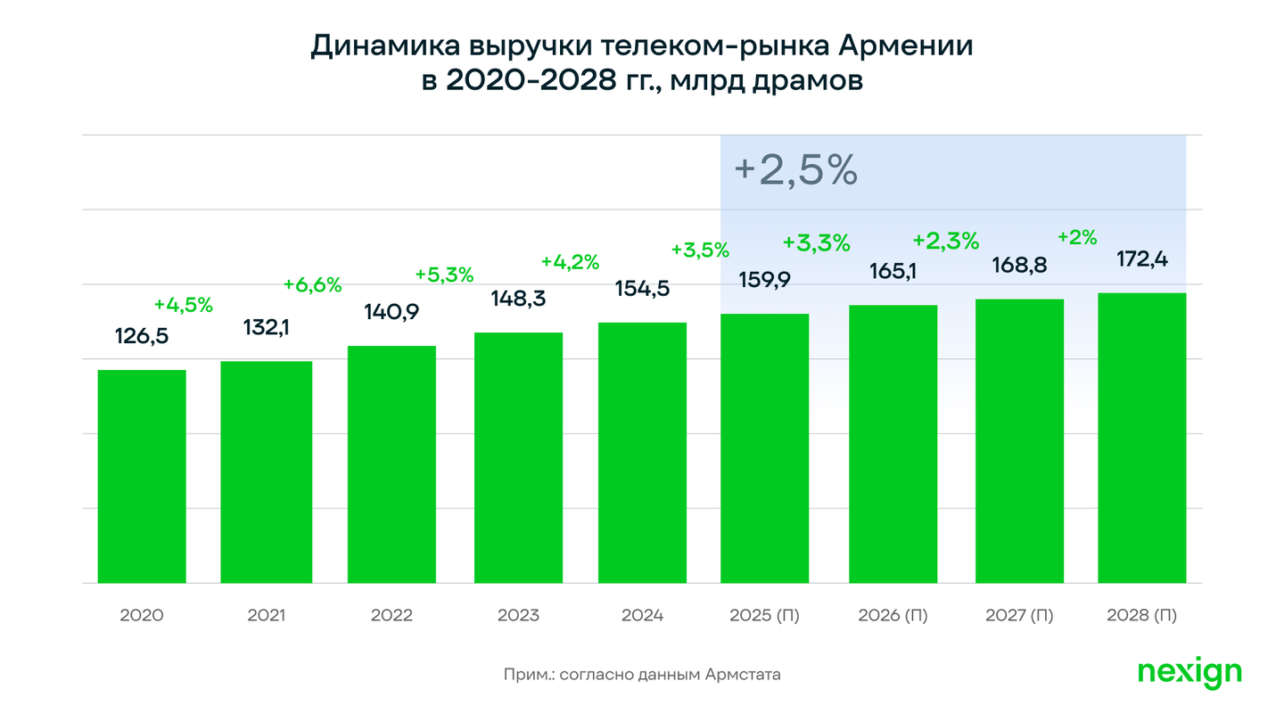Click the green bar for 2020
[142, 476]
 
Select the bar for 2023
[518, 458]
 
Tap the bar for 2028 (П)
[1142, 438]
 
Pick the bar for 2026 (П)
[893, 444]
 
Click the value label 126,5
[142, 336]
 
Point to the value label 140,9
[391, 312]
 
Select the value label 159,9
[765, 280]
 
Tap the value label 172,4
[1142, 259]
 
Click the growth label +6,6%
[312, 285]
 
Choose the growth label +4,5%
[184, 305]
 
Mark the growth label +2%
[1077, 237]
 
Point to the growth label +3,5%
[700, 250]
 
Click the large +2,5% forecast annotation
[795, 170]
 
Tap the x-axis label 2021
[266, 615]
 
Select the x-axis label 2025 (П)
[764, 615]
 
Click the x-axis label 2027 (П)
[1019, 615]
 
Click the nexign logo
[1189, 673]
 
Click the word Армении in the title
[906, 45]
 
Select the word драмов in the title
[808, 81]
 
